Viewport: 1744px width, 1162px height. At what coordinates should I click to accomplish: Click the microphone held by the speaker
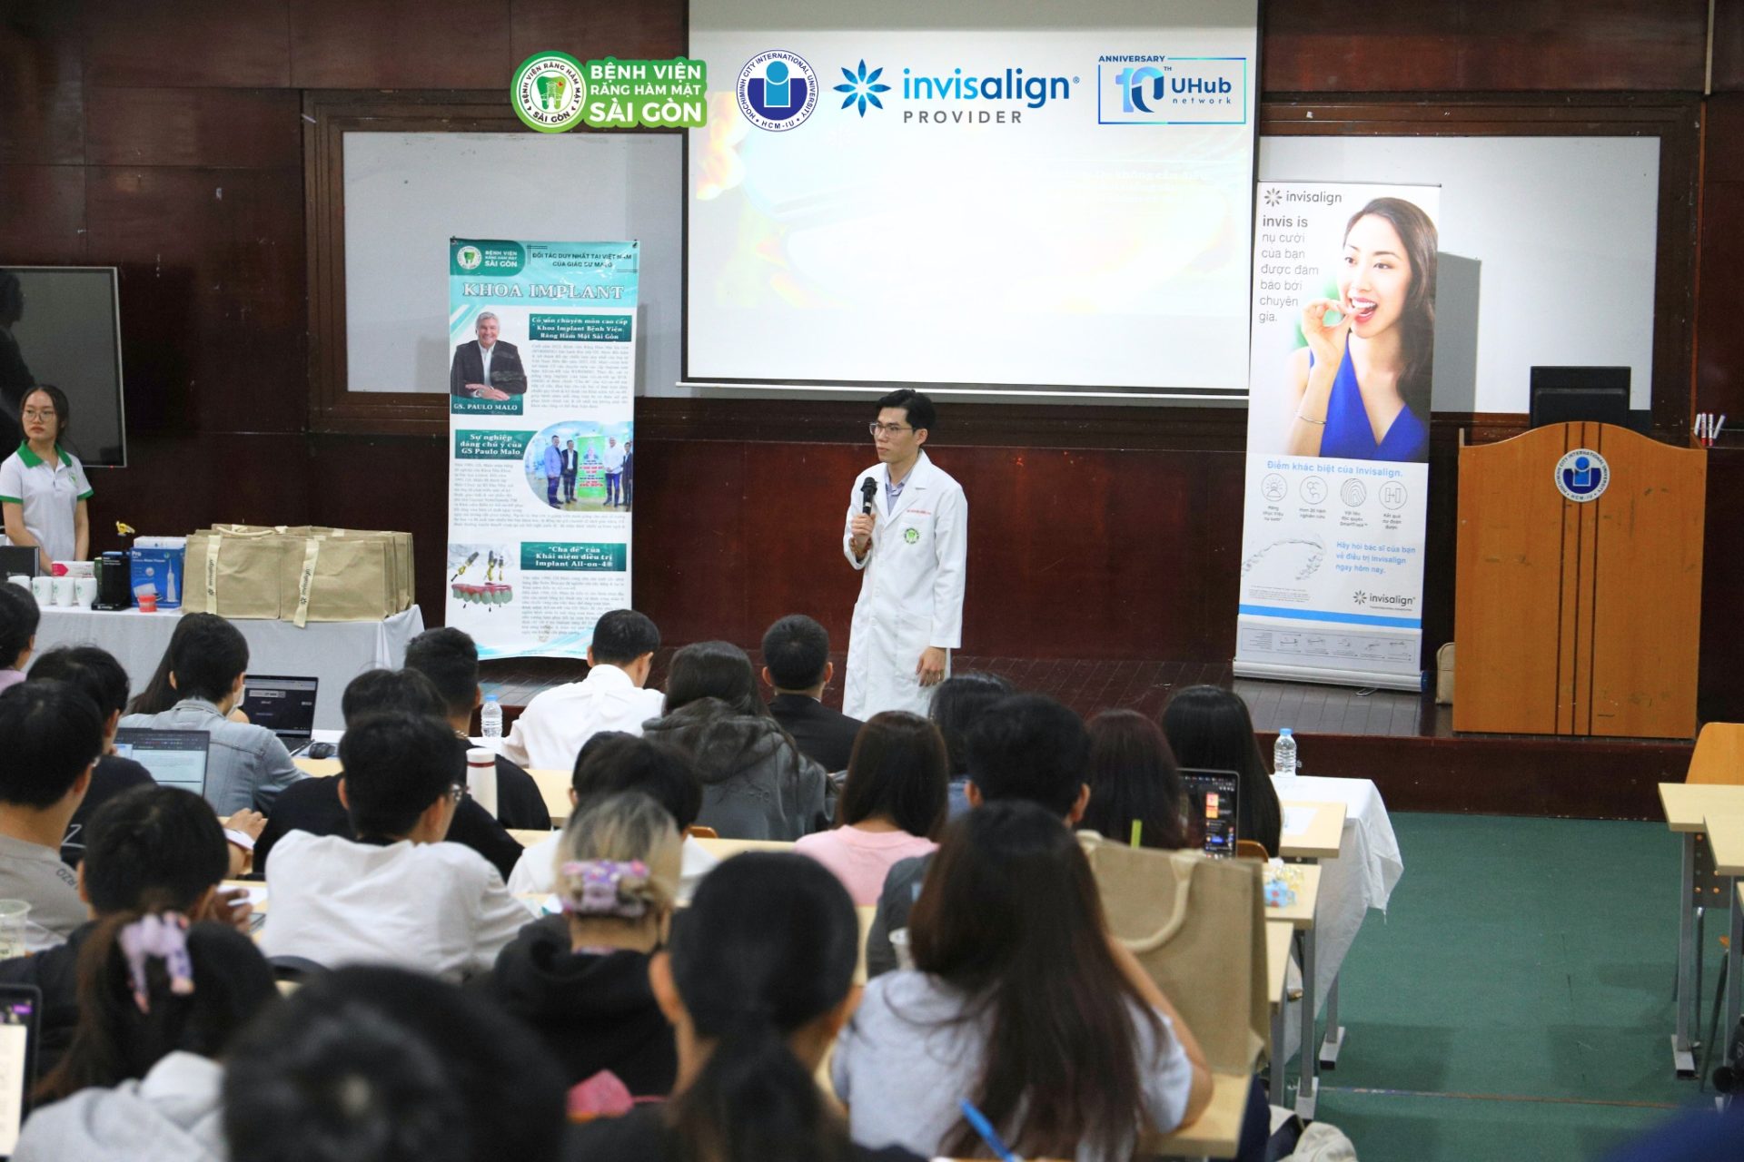pos(868,494)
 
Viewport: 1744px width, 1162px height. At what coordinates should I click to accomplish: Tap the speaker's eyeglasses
pos(890,428)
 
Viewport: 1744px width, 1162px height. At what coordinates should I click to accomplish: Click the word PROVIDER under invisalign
pos(962,117)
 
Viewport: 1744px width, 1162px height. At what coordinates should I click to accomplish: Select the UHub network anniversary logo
pos(1171,90)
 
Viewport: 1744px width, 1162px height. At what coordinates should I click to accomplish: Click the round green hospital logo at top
pos(548,92)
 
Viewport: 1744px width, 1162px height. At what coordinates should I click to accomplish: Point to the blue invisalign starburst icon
pos(861,88)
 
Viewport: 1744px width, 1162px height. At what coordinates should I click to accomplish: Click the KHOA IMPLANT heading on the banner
pos(542,290)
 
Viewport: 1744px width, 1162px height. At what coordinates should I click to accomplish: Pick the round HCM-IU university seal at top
pos(776,91)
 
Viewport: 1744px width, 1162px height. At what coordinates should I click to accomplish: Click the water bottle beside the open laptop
pos(490,716)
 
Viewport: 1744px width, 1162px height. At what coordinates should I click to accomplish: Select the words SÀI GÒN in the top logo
pos(646,113)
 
